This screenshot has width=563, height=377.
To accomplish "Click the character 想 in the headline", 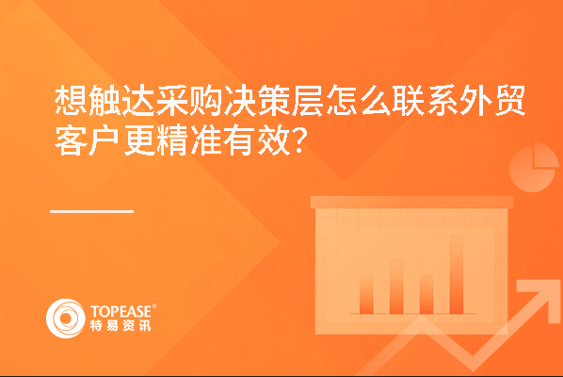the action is click(72, 100).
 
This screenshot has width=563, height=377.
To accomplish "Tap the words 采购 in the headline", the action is click(189, 100).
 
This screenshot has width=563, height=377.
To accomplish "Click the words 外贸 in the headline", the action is click(492, 100).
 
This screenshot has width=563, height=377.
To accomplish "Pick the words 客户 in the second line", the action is click(88, 140).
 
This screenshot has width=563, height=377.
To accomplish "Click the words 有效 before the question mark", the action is click(256, 140).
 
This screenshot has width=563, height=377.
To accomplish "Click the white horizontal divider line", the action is click(92, 212).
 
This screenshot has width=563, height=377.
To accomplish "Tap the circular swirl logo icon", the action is click(66, 319).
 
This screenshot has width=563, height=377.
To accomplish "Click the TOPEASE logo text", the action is click(121, 311).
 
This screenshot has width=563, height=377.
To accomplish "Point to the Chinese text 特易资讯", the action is click(121, 325).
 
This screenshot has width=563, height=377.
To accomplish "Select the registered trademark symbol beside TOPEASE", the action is click(154, 306).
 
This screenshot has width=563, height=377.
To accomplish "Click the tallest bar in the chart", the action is click(456, 274).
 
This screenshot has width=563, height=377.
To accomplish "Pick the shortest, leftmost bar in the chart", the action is click(366, 295).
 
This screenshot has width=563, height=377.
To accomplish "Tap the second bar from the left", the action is click(396, 287).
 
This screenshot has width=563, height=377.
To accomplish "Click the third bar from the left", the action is click(426, 294).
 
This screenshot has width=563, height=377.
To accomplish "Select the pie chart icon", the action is click(533, 168).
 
